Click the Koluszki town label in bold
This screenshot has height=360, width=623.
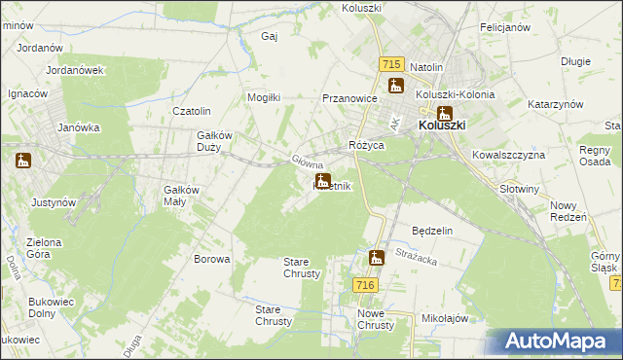coord(443,126)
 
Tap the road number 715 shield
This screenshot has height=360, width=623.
coord(391,63)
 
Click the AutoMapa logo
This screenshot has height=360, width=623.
coord(558,342)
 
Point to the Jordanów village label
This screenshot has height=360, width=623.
coord(41,47)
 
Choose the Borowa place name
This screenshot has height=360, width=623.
coord(212,259)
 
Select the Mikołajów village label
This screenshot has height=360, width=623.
coord(446,318)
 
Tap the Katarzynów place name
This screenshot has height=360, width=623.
coord(555,104)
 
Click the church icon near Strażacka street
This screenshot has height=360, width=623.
coord(377,258)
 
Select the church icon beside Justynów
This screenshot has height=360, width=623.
coord(23,162)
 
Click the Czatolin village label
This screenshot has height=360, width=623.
coord(192,112)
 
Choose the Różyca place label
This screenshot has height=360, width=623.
coord(367,145)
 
